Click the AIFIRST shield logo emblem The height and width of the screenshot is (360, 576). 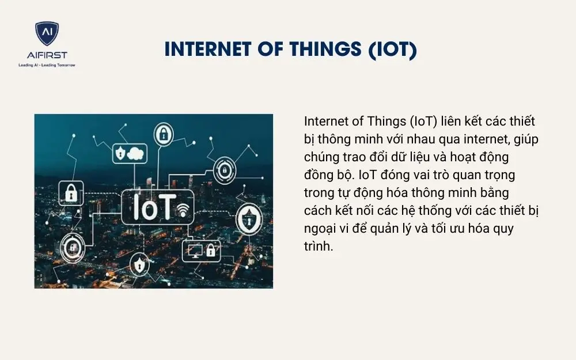coord(47,34)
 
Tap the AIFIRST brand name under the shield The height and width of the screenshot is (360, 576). coord(47,55)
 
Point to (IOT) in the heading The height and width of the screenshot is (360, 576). coord(391,50)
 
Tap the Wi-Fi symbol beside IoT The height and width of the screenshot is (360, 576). coord(184,210)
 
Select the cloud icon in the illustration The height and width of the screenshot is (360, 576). coord(136,153)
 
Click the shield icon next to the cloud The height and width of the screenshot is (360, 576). coord(120,153)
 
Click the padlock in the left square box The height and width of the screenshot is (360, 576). coord(71,194)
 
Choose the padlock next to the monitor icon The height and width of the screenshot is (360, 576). coord(211,251)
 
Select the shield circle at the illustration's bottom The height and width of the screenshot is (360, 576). coord(138,266)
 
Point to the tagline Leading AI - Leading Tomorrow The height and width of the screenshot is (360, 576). coord(47,65)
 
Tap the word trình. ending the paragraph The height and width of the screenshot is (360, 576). coord(319,246)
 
